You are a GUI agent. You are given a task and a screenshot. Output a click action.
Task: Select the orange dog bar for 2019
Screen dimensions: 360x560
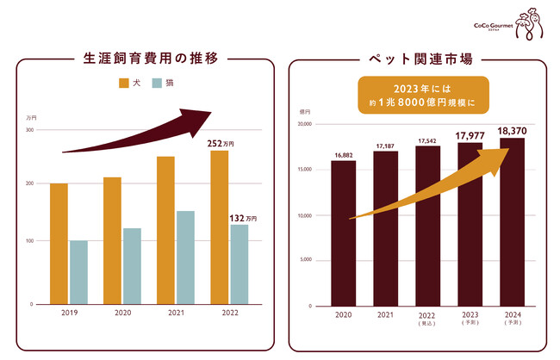coord(59,243)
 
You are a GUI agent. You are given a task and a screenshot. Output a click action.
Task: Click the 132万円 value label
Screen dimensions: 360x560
coord(244,219)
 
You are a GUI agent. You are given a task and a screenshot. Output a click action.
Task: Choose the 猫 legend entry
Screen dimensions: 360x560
coord(164,84)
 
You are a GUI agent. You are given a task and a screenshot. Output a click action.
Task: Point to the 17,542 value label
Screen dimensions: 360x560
coord(428,140)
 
